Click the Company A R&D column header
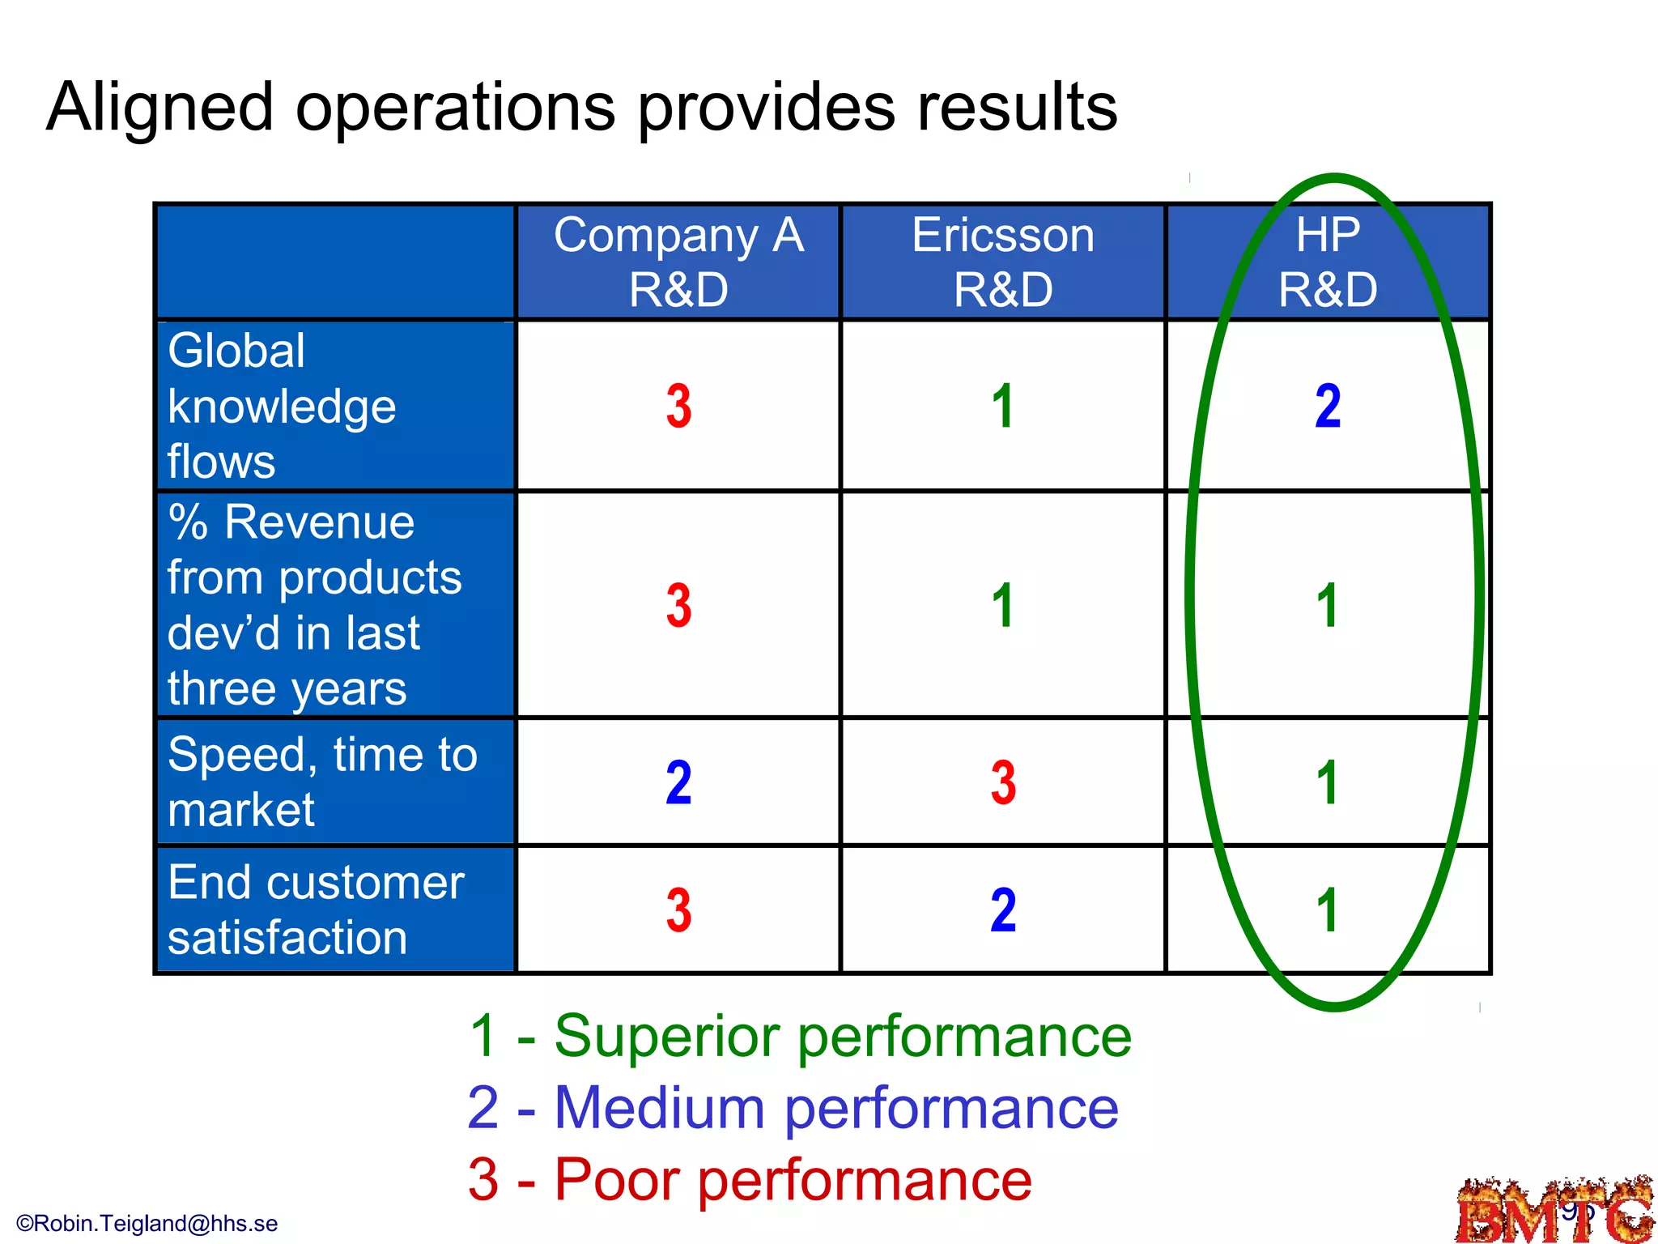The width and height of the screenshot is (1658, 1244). click(x=678, y=262)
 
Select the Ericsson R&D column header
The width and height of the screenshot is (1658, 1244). click(x=1003, y=262)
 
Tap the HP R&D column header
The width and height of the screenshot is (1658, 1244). click(x=1328, y=262)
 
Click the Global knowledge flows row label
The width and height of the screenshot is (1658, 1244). click(x=282, y=406)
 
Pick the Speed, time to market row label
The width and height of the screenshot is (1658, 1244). click(x=322, y=782)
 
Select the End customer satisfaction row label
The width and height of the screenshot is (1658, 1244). click(x=316, y=910)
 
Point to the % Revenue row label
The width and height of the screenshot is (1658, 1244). click(x=314, y=604)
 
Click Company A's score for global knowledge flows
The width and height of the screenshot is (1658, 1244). click(x=678, y=406)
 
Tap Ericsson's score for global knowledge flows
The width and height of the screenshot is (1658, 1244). click(x=1003, y=406)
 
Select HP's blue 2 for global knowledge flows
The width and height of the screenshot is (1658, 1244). click(x=1328, y=406)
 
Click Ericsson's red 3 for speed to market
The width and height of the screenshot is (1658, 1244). click(x=1003, y=782)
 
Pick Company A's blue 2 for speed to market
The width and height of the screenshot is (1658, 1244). click(x=678, y=782)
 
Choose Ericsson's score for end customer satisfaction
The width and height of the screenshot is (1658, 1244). click(x=1003, y=910)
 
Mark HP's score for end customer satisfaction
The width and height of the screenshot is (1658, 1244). click(x=1327, y=910)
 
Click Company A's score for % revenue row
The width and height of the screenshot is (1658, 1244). click(x=678, y=605)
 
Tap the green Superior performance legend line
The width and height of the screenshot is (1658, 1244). click(x=800, y=1036)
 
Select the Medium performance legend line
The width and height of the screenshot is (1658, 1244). click(x=793, y=1108)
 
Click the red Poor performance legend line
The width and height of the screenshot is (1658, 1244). click(x=750, y=1180)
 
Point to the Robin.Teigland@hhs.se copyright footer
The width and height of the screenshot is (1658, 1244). click(x=147, y=1223)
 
